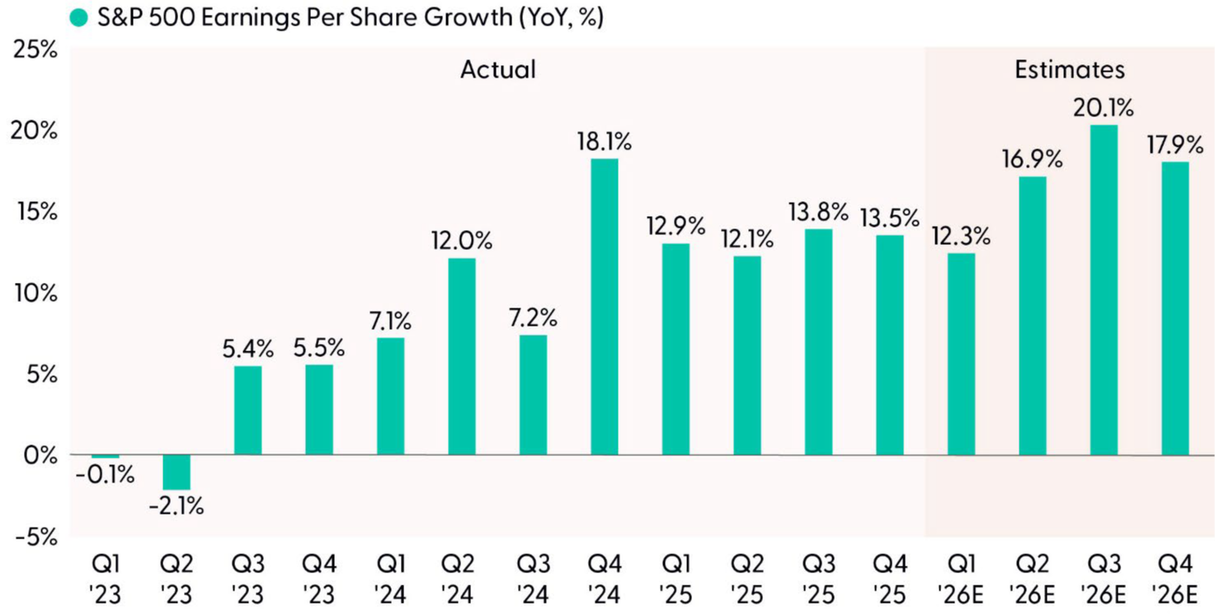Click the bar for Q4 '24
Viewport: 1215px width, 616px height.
point(605,306)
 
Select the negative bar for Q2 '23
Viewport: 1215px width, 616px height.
point(177,473)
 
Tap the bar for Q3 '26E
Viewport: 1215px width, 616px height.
point(1104,289)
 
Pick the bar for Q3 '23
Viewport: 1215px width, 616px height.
point(247,410)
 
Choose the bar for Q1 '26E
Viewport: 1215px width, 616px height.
point(961,354)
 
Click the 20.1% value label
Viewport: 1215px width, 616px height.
point(1104,108)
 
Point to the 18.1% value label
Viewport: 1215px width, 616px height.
point(605,142)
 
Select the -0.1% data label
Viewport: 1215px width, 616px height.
point(105,475)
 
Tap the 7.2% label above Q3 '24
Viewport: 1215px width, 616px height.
point(533,317)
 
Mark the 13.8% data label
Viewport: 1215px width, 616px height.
point(818,212)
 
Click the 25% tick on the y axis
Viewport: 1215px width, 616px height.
point(35,49)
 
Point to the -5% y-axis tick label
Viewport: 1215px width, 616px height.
point(35,537)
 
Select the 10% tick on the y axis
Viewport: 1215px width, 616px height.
point(35,293)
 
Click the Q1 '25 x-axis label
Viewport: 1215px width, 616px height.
point(676,579)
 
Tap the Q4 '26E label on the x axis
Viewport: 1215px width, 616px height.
point(1175,579)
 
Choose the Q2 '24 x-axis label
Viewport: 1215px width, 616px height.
point(462,579)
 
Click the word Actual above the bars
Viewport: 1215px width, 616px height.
point(497,69)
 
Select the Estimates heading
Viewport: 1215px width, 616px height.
point(1069,69)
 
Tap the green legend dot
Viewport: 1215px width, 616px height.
point(79,17)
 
